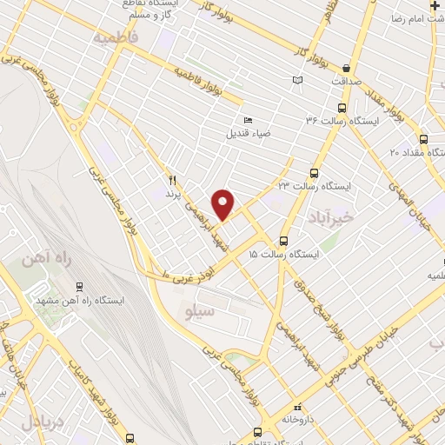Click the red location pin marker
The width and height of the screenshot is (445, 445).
[x=223, y=203]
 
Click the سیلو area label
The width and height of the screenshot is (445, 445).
[x=194, y=309]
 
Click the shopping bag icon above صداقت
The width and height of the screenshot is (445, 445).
[x=346, y=69]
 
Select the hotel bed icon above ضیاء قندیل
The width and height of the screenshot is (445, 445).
[x=248, y=121]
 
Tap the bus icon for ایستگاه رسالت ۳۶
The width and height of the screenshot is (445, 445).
[x=341, y=110]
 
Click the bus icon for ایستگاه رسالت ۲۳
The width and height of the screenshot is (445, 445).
[x=313, y=172]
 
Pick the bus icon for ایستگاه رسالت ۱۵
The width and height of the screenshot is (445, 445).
[x=283, y=241]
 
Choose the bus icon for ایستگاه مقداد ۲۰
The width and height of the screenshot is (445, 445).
[x=423, y=138]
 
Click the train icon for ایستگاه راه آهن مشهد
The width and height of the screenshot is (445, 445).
[x=80, y=286]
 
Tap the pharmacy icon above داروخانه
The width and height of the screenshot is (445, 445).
[x=299, y=406]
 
